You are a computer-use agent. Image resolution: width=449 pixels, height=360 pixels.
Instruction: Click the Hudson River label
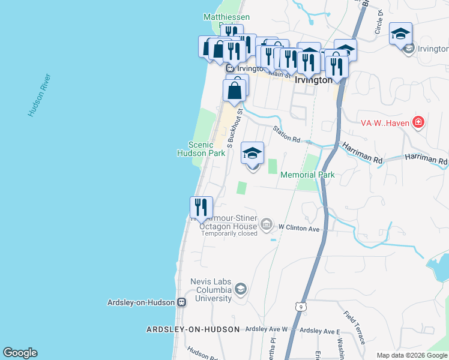pyautogui.click(x=39, y=95)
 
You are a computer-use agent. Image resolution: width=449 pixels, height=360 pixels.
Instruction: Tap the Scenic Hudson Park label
pyautogui.click(x=200, y=149)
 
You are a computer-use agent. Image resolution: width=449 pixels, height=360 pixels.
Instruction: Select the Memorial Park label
pyautogui.click(x=307, y=175)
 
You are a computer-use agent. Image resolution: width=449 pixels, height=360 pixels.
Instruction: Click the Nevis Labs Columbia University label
pyautogui.click(x=211, y=290)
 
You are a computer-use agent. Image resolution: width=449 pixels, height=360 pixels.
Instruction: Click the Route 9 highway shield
pyautogui.click(x=299, y=307)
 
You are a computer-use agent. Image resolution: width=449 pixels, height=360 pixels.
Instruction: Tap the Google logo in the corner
pyautogui.click(x=20, y=353)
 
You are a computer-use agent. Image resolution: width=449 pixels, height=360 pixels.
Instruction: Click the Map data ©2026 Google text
pyautogui.click(x=412, y=355)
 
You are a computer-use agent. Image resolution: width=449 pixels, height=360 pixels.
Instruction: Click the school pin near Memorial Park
pyautogui.click(x=253, y=154)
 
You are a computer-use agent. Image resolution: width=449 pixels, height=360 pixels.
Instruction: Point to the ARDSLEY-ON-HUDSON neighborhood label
pyautogui.click(x=193, y=329)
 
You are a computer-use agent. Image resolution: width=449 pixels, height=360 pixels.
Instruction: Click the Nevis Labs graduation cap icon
pyautogui.click(x=240, y=290)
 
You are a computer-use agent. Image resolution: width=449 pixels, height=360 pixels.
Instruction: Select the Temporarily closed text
pyautogui.click(x=229, y=233)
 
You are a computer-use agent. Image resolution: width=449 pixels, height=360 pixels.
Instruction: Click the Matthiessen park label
pyautogui.click(x=226, y=17)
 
